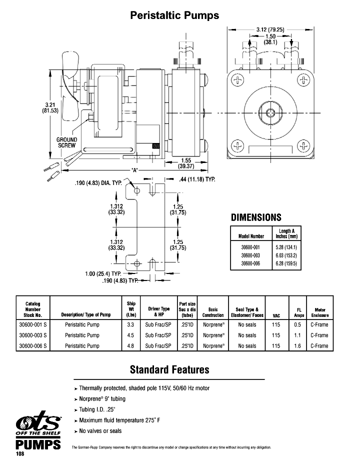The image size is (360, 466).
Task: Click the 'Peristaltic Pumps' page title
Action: point(174,15)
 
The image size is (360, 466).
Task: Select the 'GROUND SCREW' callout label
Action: point(66,142)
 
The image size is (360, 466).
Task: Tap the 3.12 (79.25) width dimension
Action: point(270,29)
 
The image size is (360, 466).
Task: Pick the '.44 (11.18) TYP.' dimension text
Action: point(196,179)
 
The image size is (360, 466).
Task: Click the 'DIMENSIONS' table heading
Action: point(256,217)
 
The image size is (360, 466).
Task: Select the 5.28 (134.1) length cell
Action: point(287,247)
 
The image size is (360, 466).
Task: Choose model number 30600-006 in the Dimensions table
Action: point(251,263)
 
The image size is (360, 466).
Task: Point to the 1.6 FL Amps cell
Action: point(299,345)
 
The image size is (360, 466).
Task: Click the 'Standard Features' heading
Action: point(169,370)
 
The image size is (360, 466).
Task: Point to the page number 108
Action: point(20,454)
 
